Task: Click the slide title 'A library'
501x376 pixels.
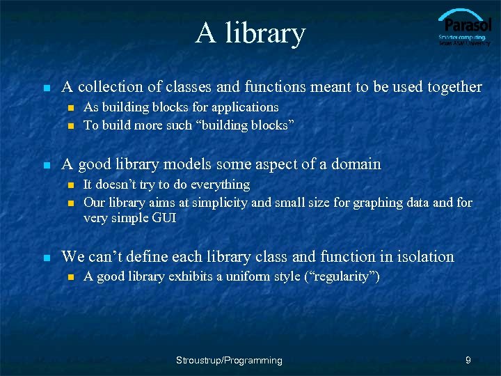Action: pos(250,33)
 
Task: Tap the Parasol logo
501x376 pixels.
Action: pos(464,28)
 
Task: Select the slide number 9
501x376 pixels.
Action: pos(468,360)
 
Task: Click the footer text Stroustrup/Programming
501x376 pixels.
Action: pos(229,360)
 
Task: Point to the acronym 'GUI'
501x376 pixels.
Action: pos(166,219)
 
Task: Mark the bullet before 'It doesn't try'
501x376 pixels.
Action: pos(71,185)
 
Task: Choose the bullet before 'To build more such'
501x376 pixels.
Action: pos(71,126)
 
